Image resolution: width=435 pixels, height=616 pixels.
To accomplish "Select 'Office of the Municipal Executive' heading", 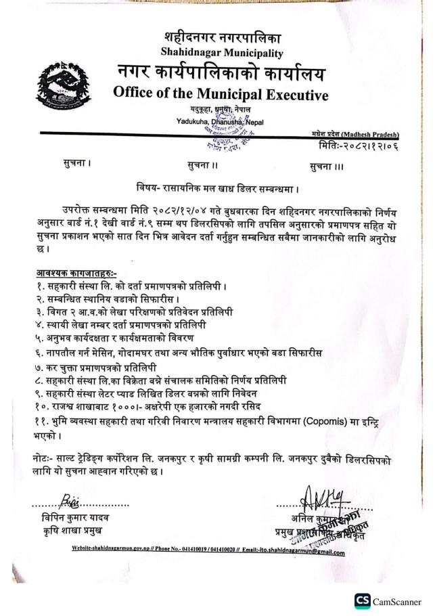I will coord(221,93).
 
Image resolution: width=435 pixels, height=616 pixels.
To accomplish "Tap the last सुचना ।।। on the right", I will coord(328,165).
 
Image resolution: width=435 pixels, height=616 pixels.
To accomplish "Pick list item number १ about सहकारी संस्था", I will coord(135,285).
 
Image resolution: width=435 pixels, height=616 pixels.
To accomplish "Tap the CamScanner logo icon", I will coord(362,600).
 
